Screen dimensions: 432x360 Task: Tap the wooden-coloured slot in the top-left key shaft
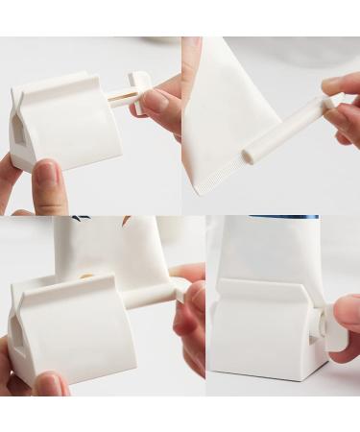[121, 97]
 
